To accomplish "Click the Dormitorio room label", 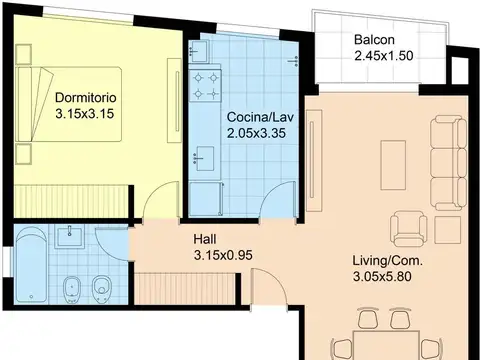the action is [86, 98].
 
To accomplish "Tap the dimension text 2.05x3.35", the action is [256, 133].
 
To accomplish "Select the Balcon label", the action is [374, 40].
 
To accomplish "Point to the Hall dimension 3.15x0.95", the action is [223, 255].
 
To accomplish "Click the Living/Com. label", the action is [388, 261].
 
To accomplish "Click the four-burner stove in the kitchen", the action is [205, 85].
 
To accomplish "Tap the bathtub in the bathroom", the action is [31, 265].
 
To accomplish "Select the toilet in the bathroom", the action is [101, 289].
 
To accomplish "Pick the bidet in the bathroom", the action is [72, 289].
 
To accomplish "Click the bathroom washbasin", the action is [69, 236].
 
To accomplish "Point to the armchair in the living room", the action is [409, 229].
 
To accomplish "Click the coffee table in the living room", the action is [393, 165].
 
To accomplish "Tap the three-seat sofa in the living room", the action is [449, 163].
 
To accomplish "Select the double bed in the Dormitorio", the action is [68, 104].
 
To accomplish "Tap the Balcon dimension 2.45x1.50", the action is [384, 56].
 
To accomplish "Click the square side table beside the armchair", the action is [448, 230].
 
